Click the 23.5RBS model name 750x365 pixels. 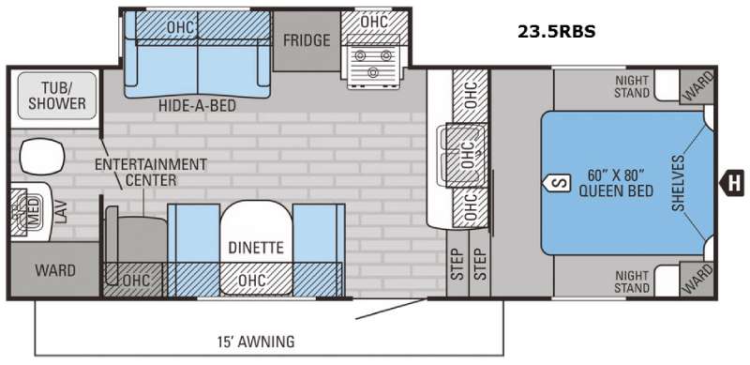point(556,32)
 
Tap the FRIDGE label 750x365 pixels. point(307,40)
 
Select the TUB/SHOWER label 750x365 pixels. point(56,96)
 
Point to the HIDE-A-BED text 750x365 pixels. point(198,106)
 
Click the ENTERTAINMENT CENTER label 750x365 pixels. point(151,172)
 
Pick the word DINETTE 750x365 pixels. point(256,248)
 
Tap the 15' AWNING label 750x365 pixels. point(256,342)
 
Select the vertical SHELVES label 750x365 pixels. point(679,183)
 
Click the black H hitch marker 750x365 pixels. point(733,182)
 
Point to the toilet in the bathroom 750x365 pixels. point(42,157)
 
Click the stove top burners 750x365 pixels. point(372,62)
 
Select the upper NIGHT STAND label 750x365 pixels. point(632,86)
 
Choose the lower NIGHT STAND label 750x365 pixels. point(632,282)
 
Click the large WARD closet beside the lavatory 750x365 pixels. point(55,270)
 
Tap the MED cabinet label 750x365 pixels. point(33,213)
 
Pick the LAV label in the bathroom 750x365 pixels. point(61,212)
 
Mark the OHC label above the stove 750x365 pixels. point(374,22)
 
